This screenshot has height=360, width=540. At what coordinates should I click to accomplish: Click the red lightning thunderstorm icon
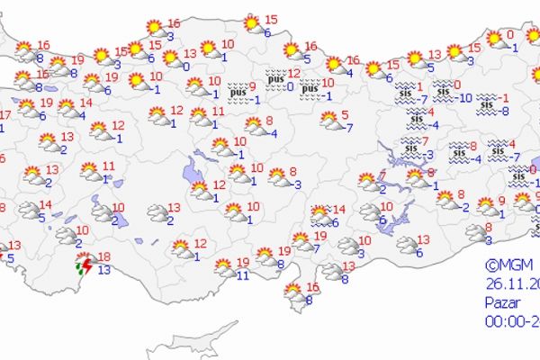pos(85,263)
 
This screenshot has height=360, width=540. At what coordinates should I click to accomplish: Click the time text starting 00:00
pos(509,320)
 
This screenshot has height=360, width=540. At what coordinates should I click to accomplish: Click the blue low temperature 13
pos(104,269)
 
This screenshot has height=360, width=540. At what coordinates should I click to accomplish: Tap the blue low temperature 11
pos(242,274)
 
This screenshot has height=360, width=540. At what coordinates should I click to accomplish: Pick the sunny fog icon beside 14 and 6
pos(319,215)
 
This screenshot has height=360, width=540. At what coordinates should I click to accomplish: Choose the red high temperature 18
pos(104,256)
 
